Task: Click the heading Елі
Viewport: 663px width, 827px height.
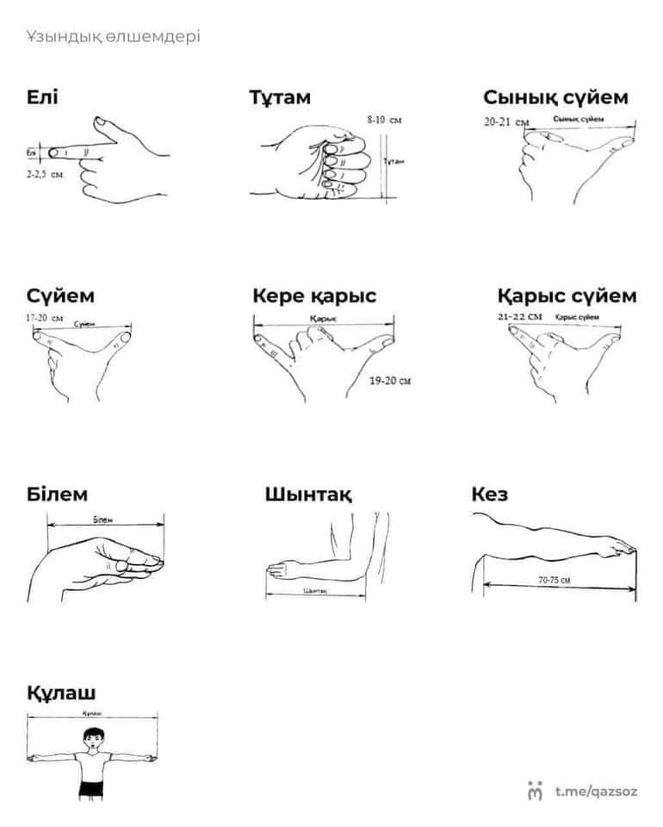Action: pos(42,97)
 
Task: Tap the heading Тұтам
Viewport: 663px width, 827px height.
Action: pos(280,97)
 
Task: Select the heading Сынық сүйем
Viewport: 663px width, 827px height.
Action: pos(555,97)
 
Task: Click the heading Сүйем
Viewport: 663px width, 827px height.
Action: pos(60,296)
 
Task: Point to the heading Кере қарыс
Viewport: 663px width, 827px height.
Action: pos(314,296)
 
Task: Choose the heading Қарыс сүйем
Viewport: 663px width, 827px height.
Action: pos(567,296)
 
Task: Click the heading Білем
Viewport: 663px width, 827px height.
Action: pos(57,494)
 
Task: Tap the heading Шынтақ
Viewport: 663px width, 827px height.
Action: pos(308,495)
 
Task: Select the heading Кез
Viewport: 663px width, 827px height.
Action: pos(489,494)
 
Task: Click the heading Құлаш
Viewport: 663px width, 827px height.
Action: pos(61,693)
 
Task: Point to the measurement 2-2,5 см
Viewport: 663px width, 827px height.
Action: pos(45,174)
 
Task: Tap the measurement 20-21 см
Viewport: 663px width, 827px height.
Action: pos(506,122)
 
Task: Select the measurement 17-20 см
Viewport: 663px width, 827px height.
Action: pos(45,318)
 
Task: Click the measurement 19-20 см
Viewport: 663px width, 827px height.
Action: pos(390,380)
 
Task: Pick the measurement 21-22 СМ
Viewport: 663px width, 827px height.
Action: pos(520,317)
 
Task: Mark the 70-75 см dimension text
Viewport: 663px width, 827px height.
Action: pos(555,581)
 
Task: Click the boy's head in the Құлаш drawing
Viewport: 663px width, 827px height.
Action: pos(92,737)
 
